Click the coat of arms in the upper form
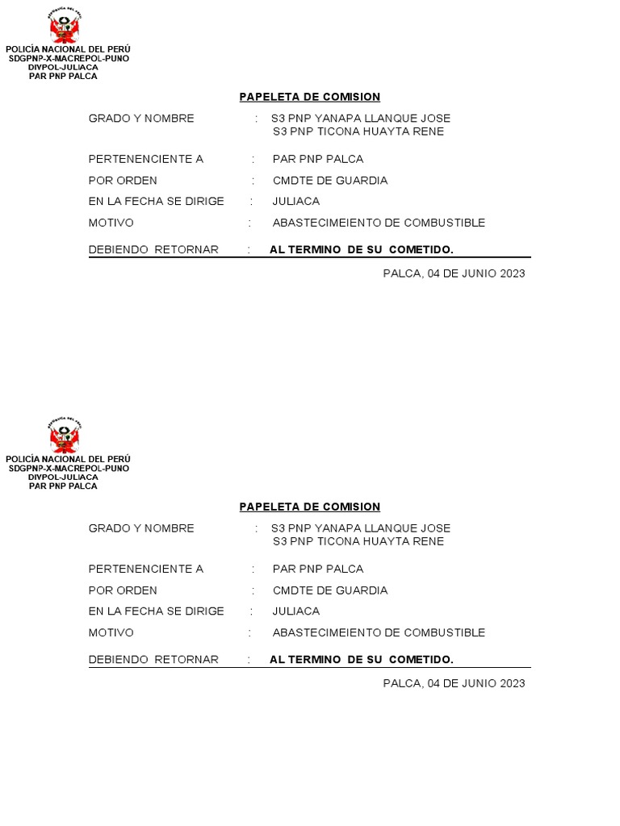coord(65,27)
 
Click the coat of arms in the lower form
coord(65,436)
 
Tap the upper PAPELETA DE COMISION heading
coord(309,97)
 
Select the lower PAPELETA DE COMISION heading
coord(309,507)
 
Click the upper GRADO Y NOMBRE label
coord(141,119)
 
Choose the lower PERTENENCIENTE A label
coord(146,569)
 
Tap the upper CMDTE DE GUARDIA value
coord(330,181)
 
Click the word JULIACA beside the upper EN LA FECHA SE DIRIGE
coord(296,202)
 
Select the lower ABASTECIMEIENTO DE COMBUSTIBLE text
coord(379,632)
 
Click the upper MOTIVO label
coord(111,223)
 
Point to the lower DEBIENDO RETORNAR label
coord(153,660)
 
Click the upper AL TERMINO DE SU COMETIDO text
coord(362,250)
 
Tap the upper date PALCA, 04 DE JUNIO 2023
coord(454,273)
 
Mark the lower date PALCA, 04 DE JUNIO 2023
coord(454,683)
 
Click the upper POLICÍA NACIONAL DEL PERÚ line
coord(68,49)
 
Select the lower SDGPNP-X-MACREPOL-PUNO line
coord(69,469)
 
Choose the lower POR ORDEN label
coord(123,590)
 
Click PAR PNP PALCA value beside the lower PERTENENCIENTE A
coord(318,569)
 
